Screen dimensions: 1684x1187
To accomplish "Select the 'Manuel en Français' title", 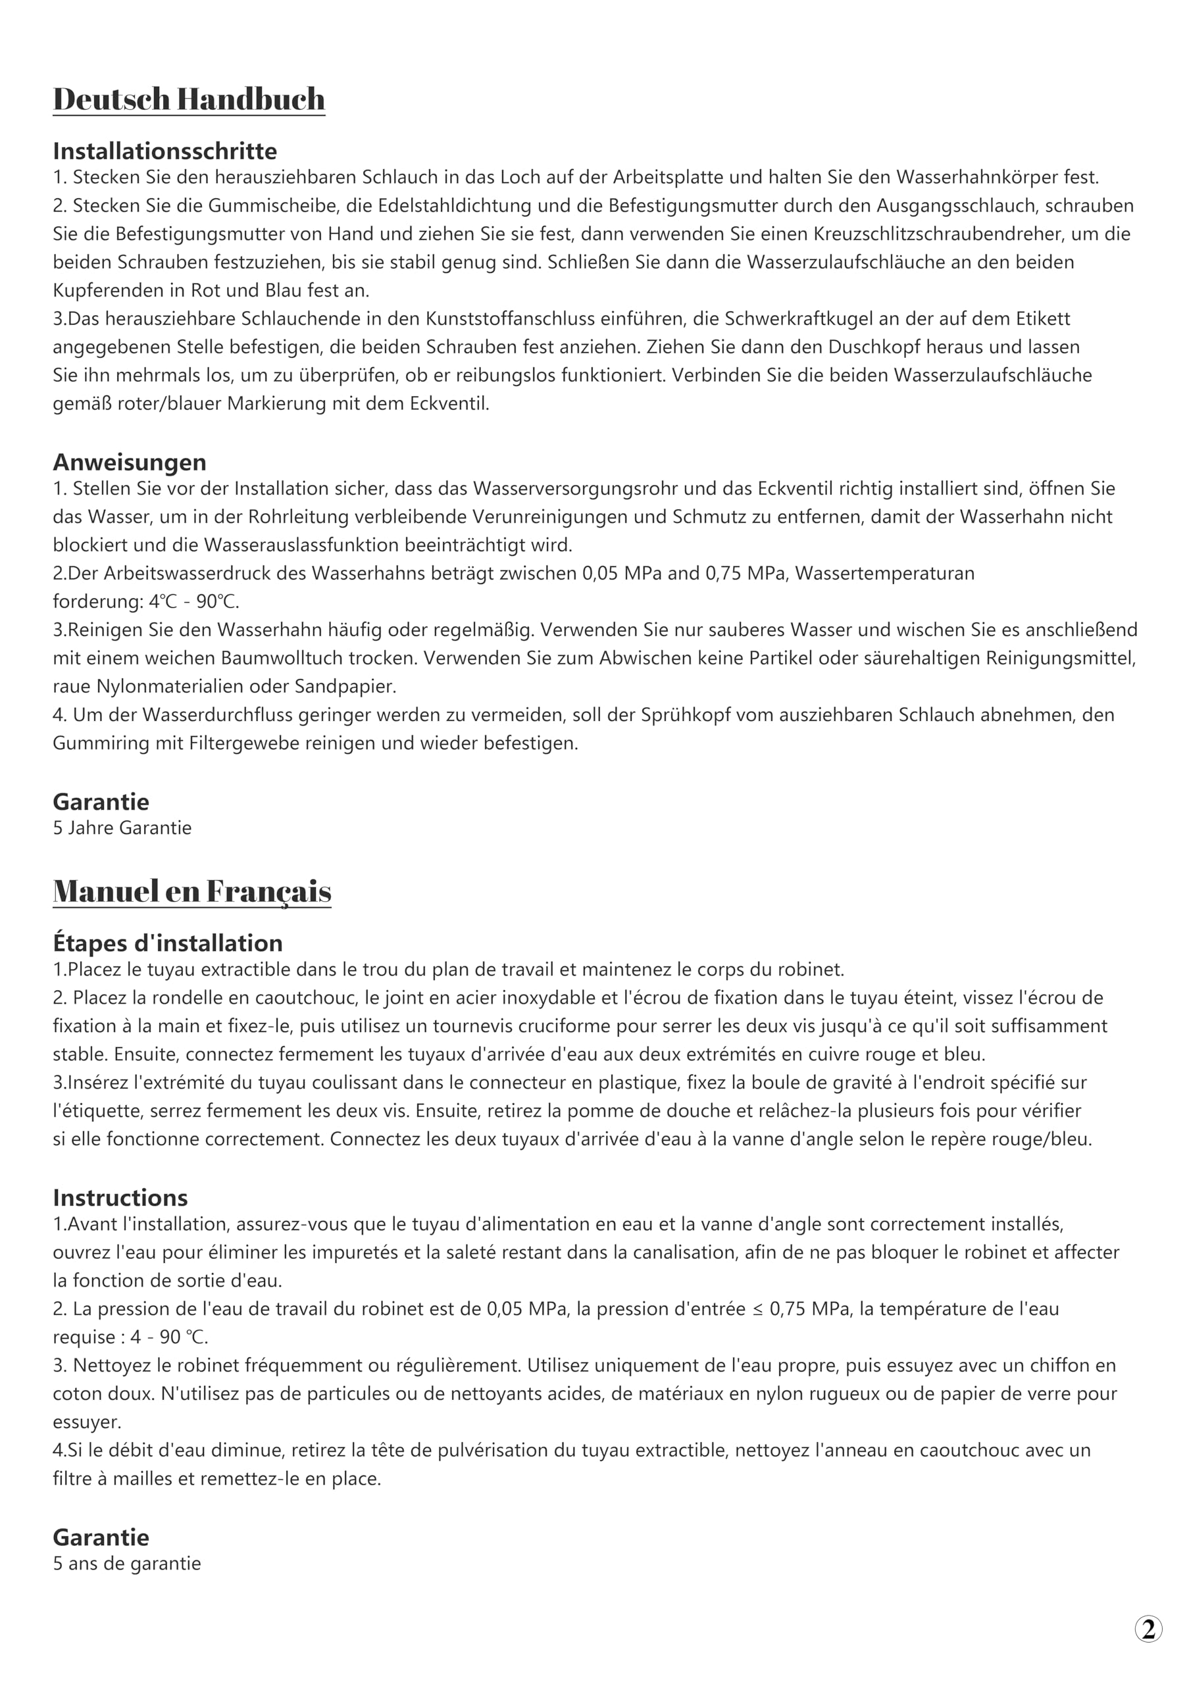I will [x=191, y=891].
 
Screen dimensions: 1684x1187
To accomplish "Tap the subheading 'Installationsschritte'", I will [x=164, y=151].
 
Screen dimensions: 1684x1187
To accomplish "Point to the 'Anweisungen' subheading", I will [x=129, y=462].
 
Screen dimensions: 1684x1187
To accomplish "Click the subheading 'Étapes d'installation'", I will [x=167, y=943].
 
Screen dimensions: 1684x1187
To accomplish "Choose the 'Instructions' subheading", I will [x=120, y=1198].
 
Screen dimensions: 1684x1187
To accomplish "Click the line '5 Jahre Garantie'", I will [x=122, y=828].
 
